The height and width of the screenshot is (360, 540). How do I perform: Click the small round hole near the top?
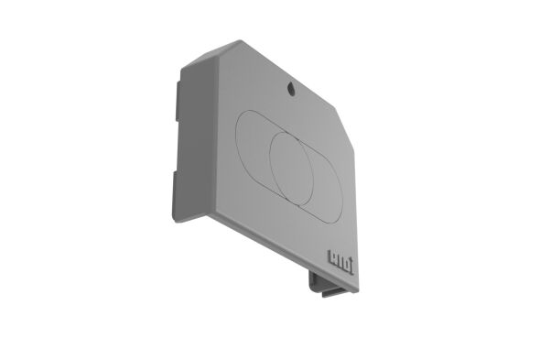click(291, 89)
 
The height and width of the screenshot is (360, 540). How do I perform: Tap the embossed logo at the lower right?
click(336, 259)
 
